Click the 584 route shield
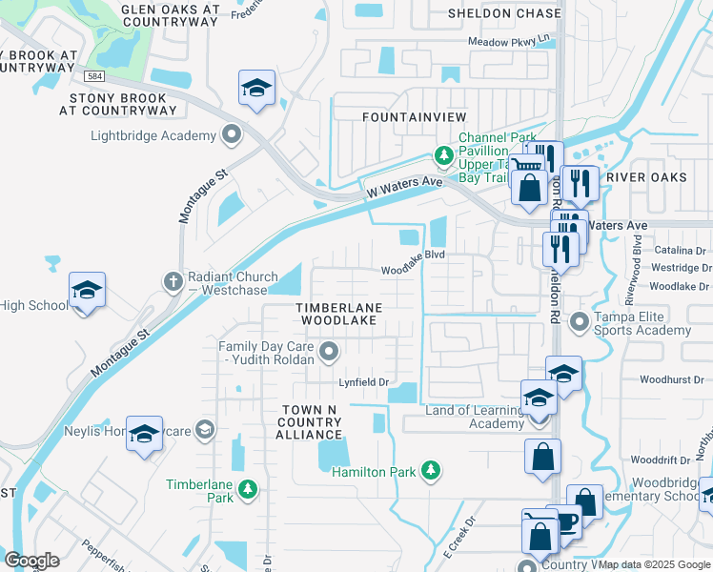[92, 75]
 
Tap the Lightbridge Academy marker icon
[231, 135]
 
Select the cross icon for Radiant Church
[173, 280]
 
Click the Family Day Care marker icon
[329, 354]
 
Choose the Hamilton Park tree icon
[431, 470]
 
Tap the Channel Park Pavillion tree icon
[443, 154]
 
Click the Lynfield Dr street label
[365, 382]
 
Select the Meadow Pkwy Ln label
[510, 41]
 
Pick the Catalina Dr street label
[679, 250]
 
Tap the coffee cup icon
[564, 522]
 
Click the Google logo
[31, 560]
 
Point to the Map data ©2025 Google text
[653, 564]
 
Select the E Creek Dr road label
[458, 539]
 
